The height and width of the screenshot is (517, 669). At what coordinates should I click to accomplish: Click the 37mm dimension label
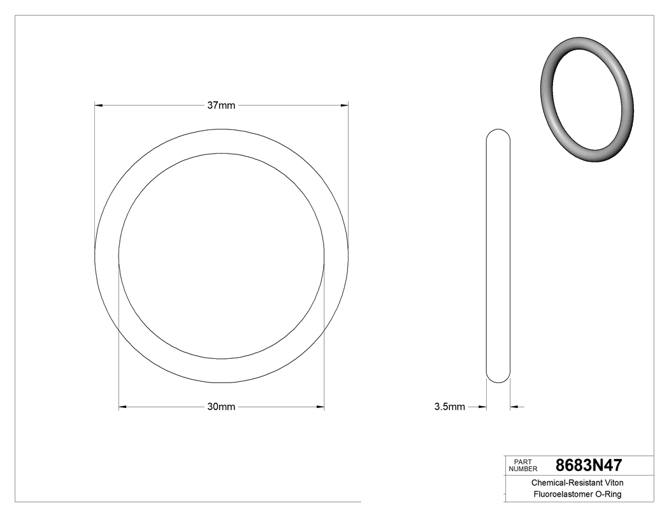point(221,105)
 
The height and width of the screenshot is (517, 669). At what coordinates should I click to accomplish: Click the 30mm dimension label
point(221,407)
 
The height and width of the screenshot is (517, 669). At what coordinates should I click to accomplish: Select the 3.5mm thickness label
point(449,407)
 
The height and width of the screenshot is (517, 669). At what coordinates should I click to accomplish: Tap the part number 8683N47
point(589,465)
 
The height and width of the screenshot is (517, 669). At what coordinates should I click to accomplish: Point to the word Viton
point(612,483)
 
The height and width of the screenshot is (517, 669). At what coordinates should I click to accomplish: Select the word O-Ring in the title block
point(608,495)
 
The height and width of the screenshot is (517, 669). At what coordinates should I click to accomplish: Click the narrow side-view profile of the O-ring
point(498,255)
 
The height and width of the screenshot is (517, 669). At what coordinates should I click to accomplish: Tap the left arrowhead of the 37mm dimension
point(98,105)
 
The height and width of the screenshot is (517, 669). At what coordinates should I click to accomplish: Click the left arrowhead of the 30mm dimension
point(122,407)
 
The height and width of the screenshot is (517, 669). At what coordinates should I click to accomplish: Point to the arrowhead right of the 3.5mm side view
point(514,407)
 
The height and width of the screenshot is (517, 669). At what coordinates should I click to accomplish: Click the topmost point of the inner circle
point(221,154)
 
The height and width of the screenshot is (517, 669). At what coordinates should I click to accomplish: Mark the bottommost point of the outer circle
point(221,382)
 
